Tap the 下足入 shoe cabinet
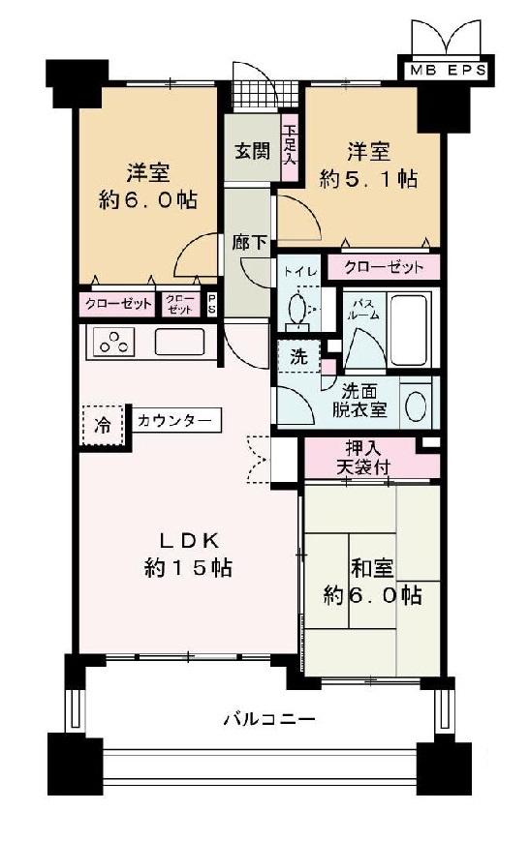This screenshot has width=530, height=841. (x=289, y=147)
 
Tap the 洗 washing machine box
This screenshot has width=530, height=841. (x=299, y=356)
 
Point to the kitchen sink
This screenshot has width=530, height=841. (x=179, y=343)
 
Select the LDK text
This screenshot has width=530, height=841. (x=188, y=540)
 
